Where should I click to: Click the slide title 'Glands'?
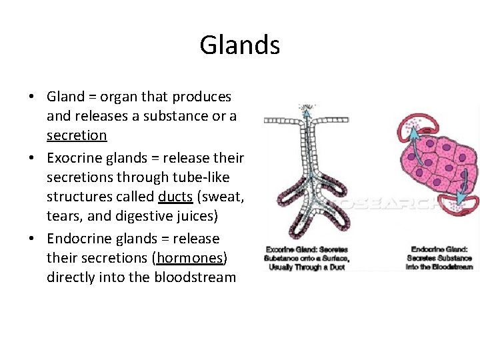click(x=239, y=45)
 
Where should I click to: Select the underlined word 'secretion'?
click(x=77, y=135)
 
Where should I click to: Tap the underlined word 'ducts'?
click(x=175, y=197)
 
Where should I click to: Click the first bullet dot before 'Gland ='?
click(x=32, y=97)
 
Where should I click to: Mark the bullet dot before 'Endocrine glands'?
click(x=32, y=239)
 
